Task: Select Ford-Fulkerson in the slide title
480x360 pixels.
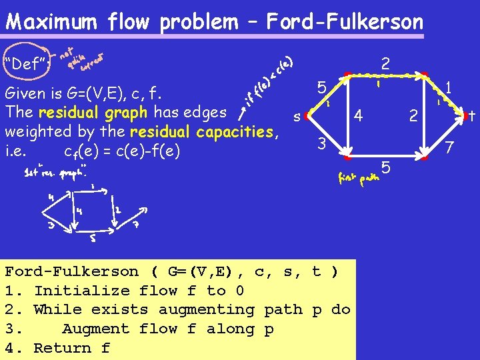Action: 345,22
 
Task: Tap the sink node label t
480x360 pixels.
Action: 471,117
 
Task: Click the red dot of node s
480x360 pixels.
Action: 306,117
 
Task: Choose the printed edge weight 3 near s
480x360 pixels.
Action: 321,143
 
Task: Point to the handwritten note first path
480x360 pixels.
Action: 358,179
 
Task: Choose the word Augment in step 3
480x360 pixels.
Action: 91,329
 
